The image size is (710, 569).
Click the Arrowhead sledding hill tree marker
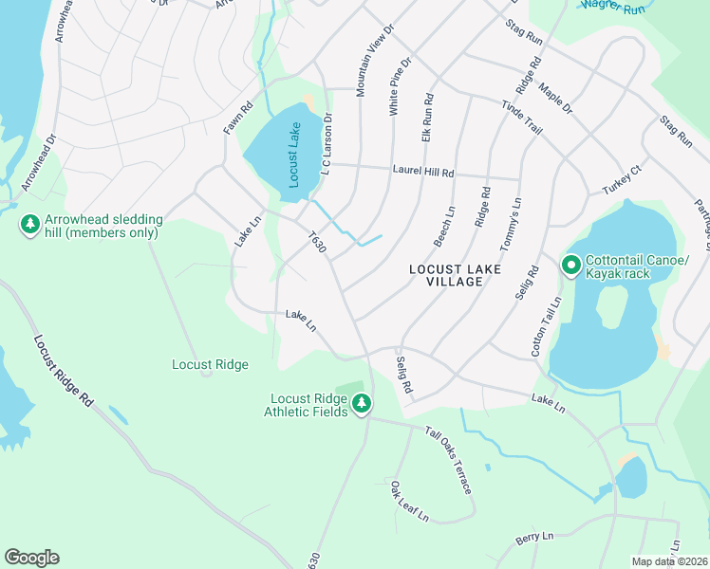pyautogui.click(x=30, y=226)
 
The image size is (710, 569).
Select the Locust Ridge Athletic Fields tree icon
pyautogui.click(x=361, y=405)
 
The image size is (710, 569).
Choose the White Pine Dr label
pyautogui.click(x=399, y=87)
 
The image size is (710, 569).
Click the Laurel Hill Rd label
pyautogui.click(x=423, y=173)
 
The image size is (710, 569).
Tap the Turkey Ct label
pyautogui.click(x=623, y=180)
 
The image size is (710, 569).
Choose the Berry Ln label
pyautogui.click(x=534, y=537)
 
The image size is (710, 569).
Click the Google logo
pyautogui.click(x=31, y=558)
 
